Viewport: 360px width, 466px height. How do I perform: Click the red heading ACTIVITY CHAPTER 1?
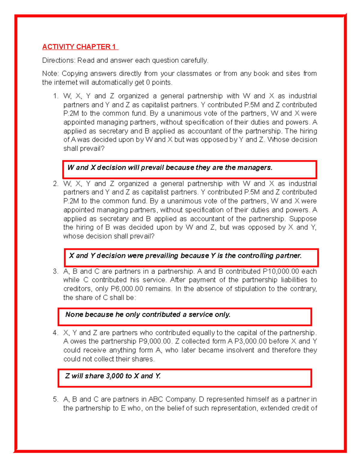point(80,47)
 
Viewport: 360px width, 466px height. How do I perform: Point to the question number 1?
point(55,96)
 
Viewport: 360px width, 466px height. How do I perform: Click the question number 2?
point(55,184)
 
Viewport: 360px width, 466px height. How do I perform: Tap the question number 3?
point(55,271)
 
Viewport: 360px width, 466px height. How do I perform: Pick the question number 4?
point(55,333)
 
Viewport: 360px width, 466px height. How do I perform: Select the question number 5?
point(55,399)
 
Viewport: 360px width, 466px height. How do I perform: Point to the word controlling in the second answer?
point(255,256)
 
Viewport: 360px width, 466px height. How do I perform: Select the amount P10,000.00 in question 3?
point(281,271)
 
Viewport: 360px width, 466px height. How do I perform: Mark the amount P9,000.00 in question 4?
point(155,341)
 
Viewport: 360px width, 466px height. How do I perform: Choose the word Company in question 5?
point(181,399)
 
